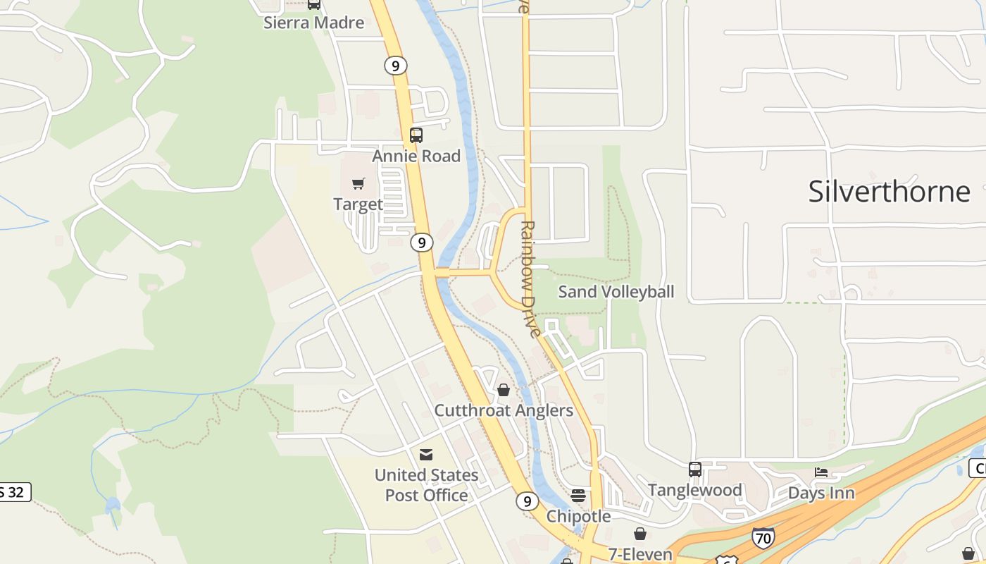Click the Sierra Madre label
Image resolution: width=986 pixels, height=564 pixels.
tap(313, 23)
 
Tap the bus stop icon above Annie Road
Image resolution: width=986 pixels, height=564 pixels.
tap(416, 135)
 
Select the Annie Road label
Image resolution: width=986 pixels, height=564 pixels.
tap(416, 156)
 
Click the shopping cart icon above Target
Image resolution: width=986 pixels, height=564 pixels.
tap(358, 184)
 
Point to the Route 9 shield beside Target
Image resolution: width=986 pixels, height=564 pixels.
tap(421, 243)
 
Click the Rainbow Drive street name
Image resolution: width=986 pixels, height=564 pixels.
tap(529, 278)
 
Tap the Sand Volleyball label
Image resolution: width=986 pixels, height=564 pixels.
tap(616, 291)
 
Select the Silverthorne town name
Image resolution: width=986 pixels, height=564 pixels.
tap(889, 191)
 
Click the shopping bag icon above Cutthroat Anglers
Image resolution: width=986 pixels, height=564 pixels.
tap(504, 390)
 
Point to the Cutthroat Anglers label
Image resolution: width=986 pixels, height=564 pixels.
tap(504, 410)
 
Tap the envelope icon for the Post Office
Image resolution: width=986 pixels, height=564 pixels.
tap(426, 455)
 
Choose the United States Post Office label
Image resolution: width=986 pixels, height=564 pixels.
tap(426, 485)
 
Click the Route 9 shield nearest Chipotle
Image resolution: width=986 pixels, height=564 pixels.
tap(527, 501)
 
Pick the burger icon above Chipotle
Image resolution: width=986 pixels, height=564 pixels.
tap(578, 496)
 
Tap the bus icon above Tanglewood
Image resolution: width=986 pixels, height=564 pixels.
tap(695, 469)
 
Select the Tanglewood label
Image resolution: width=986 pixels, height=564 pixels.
tap(695, 490)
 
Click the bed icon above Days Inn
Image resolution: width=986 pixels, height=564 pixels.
tap(821, 472)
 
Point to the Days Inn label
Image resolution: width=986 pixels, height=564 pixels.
tap(821, 493)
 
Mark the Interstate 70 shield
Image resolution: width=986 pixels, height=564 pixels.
tap(763, 538)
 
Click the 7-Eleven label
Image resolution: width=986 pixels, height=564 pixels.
tap(640, 555)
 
